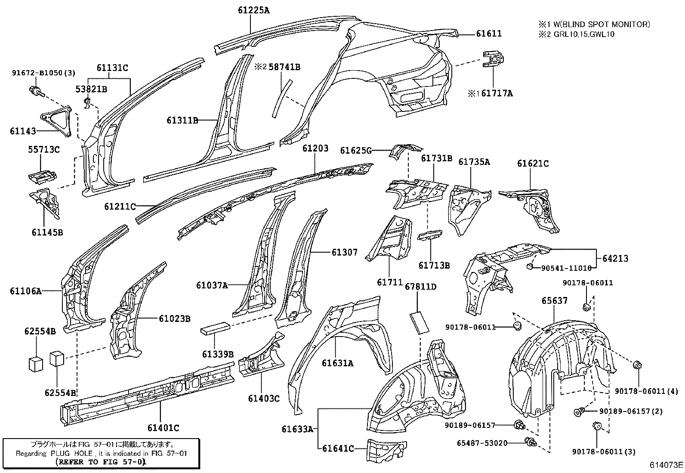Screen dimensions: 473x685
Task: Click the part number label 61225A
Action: click(253, 10)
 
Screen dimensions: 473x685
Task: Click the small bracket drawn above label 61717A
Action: click(493, 59)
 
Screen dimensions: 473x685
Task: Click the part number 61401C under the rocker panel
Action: click(163, 427)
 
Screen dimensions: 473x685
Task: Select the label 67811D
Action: click(420, 286)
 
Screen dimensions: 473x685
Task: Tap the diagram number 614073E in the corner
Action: click(666, 465)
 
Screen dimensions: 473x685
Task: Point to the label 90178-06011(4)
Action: click(646, 391)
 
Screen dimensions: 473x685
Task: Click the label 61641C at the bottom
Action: click(338, 448)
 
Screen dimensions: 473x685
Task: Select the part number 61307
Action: click(344, 252)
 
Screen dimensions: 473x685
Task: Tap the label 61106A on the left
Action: click(26, 291)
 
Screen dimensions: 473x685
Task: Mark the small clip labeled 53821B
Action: click(86, 103)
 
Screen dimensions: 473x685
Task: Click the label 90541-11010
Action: click(566, 268)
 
